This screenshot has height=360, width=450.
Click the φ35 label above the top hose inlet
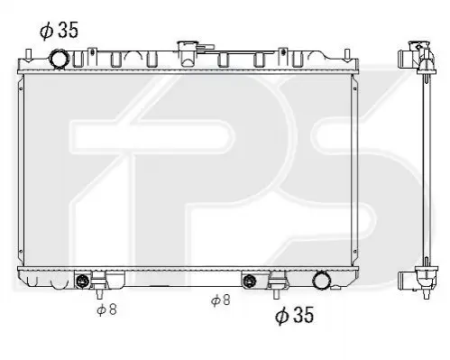point(59,31)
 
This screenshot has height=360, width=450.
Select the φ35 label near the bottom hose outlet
point(294,315)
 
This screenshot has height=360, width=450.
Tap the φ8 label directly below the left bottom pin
point(106,309)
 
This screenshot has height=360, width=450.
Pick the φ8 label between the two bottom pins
point(221,300)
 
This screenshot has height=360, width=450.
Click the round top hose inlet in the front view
point(59,60)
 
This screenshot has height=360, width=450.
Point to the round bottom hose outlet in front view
point(322,281)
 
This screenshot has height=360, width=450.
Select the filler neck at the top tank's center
point(187,53)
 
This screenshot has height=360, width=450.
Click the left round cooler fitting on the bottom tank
point(82,281)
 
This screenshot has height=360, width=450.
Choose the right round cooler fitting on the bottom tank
point(249,281)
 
